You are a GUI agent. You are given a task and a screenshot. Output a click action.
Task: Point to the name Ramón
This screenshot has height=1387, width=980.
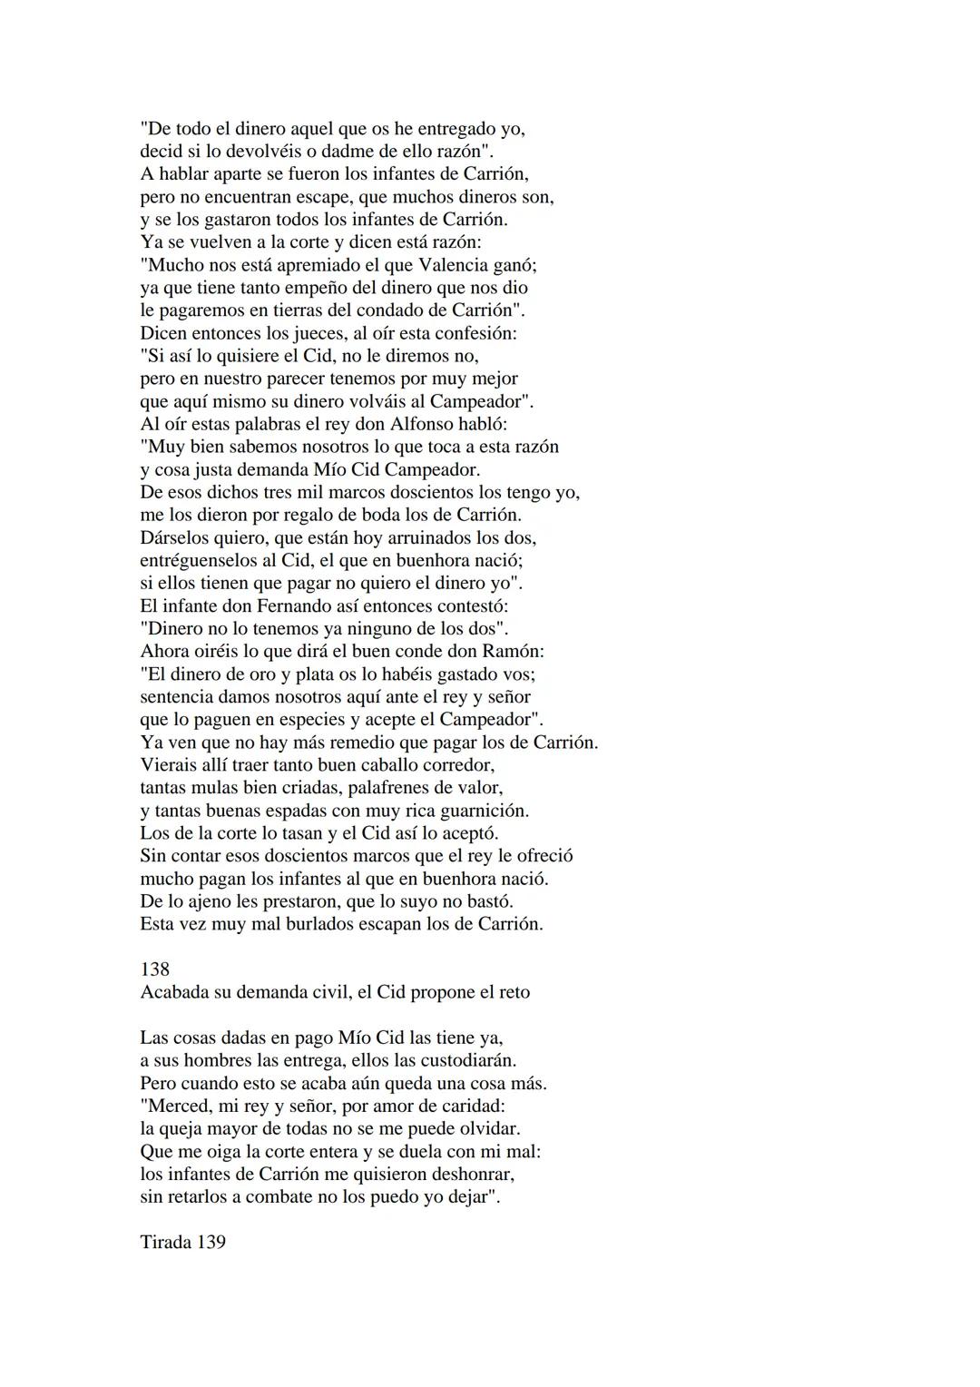click(516, 651)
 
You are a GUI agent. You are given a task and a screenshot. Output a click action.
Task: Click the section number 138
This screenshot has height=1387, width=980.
click(155, 969)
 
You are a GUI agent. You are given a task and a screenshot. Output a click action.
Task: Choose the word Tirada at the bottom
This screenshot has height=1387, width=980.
click(165, 1242)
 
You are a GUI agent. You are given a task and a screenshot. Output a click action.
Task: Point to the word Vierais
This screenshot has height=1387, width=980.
click(170, 764)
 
